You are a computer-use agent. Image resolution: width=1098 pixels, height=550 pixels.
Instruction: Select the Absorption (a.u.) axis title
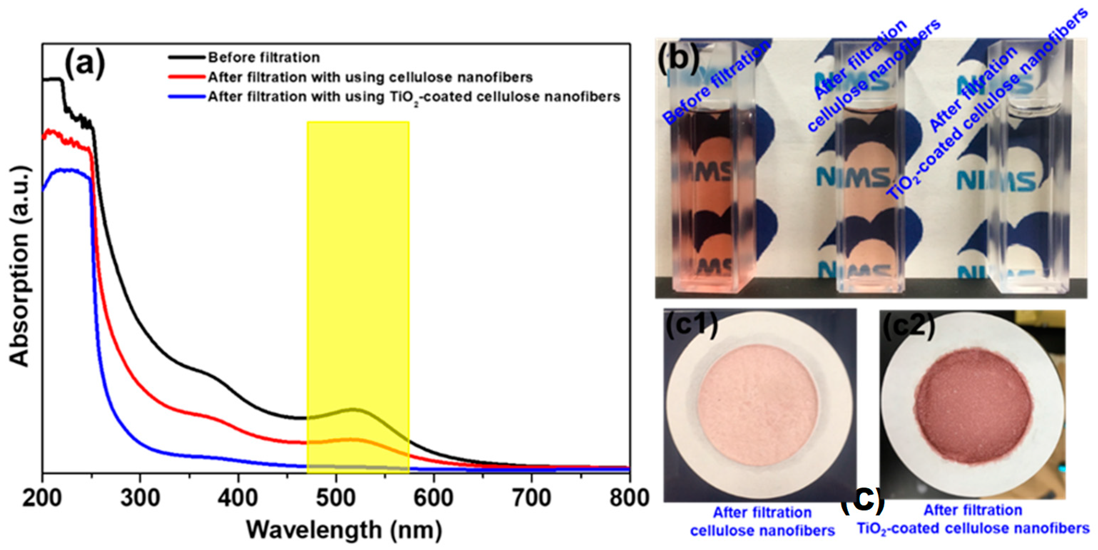pos(20,266)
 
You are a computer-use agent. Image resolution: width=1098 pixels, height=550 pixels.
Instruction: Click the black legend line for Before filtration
pos(186,57)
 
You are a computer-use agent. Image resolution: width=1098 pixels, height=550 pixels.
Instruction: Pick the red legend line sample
pos(186,77)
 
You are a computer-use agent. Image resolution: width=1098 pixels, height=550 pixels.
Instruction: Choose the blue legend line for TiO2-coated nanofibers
pos(186,97)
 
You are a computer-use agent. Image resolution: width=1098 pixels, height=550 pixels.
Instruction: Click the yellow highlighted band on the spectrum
pos(358,256)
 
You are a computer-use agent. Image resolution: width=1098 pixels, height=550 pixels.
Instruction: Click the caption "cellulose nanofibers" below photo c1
pos(762,530)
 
